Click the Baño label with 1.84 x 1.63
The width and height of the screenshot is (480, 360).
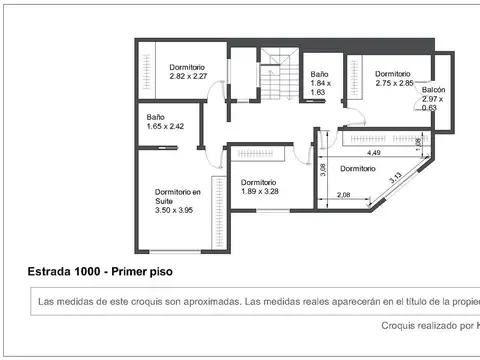tap(319, 74)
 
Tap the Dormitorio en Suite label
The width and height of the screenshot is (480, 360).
tap(177, 196)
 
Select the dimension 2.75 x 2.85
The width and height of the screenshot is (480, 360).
tap(393, 83)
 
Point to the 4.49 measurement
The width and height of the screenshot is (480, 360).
tap(373, 153)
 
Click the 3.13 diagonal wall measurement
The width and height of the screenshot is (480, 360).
tap(396, 180)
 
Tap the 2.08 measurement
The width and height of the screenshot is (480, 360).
tap(344, 194)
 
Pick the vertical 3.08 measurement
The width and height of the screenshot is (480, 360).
tap(322, 170)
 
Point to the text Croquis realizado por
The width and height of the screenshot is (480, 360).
tap(425, 325)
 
